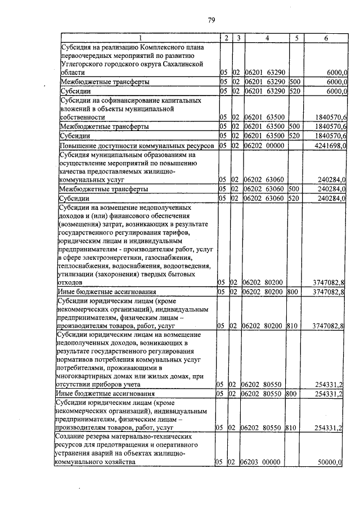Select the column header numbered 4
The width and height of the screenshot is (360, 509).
(267, 38)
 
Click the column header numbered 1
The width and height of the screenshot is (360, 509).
(139, 38)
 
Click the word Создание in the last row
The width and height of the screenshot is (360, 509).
(71, 436)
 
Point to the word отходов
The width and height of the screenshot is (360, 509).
(71, 282)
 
